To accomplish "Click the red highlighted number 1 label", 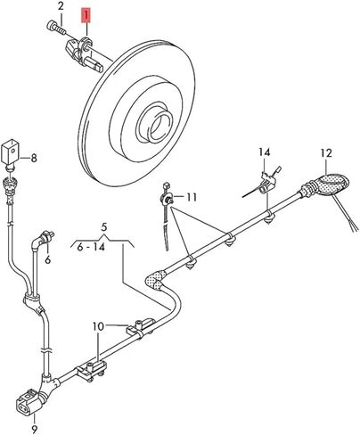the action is pyautogui.click(x=86, y=16).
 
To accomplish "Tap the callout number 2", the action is pyautogui.click(x=61, y=6).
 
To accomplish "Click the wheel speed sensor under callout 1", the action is pyautogui.click(x=84, y=54).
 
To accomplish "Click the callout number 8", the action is pyautogui.click(x=34, y=158).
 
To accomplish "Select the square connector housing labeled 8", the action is pyautogui.click(x=11, y=152).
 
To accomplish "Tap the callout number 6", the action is pyautogui.click(x=48, y=259).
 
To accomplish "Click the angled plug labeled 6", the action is pyautogui.click(x=42, y=240).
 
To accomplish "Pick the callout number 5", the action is pyautogui.click(x=103, y=227).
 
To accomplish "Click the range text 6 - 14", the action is pyautogui.click(x=91, y=246).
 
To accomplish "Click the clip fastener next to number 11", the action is pyautogui.click(x=167, y=199).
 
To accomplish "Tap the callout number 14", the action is pyautogui.click(x=265, y=152).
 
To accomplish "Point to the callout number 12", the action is pyautogui.click(x=326, y=153).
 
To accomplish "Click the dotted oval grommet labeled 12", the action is pyautogui.click(x=331, y=185).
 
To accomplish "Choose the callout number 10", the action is pyautogui.click(x=98, y=326).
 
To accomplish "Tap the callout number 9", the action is pyautogui.click(x=34, y=429).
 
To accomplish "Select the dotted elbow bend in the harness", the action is pyautogui.click(x=156, y=279).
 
